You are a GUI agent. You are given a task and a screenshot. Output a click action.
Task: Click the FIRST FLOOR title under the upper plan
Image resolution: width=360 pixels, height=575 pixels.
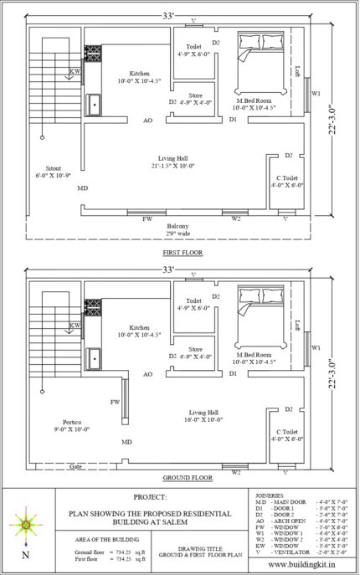(x=183, y=251)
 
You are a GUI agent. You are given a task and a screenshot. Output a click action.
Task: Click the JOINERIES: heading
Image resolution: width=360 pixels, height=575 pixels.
(x=272, y=495)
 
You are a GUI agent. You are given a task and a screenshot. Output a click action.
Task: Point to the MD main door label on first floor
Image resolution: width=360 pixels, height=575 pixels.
(x=83, y=188)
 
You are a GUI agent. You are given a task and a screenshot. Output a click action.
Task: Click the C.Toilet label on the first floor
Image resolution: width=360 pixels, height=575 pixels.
(x=287, y=181)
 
